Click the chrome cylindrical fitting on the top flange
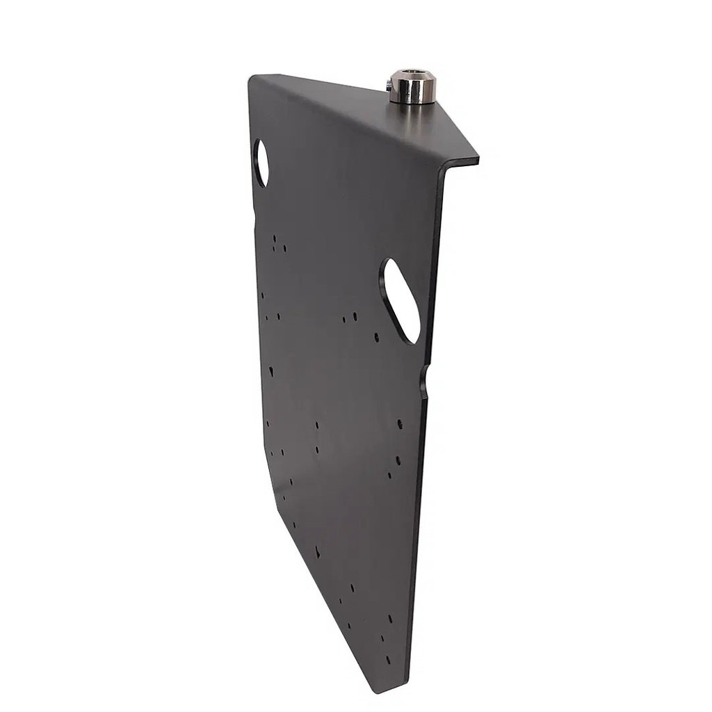pos(412,88)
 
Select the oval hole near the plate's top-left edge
pos(261,163)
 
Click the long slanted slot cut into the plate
pos(400,300)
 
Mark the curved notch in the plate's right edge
pos(423,381)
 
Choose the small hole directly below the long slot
pos(377,337)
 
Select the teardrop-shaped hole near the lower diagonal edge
pos(318,552)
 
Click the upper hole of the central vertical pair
pos(317,424)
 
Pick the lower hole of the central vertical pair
pos(317,450)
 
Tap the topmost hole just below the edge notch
pos(400,423)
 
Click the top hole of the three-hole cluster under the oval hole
pos(275,238)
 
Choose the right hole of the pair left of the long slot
pos(355,316)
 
